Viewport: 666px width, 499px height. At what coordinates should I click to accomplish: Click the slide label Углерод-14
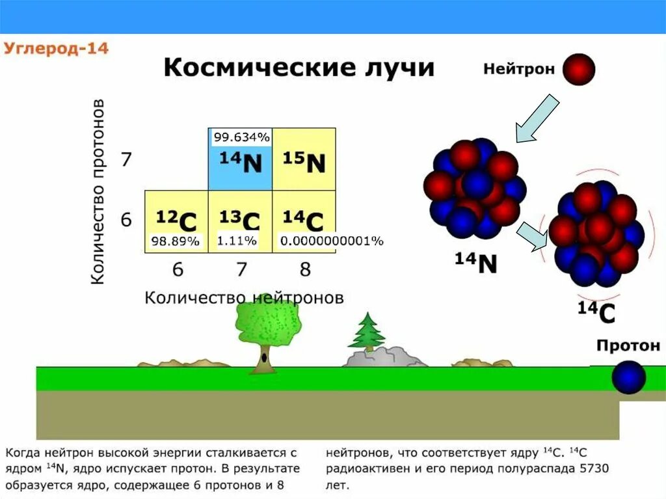(57, 49)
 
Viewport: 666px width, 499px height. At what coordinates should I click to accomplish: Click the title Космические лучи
(299, 68)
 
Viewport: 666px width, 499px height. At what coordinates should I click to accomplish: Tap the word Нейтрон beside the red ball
(518, 68)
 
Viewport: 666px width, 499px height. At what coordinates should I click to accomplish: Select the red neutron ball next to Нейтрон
(579, 70)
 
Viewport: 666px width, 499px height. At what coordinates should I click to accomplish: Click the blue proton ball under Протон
(628, 377)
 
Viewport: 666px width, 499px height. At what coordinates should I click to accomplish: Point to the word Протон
(628, 345)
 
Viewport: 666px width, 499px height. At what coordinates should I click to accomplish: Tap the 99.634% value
(241, 137)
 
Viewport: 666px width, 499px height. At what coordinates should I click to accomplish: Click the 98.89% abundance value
(176, 241)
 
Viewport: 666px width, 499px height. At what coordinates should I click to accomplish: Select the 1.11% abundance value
(237, 241)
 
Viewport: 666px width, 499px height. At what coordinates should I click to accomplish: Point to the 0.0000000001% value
(332, 241)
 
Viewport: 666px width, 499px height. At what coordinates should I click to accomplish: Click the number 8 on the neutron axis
(304, 269)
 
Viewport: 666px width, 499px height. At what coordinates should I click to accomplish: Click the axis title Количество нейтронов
(244, 297)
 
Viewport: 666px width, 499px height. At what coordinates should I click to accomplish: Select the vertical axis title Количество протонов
(97, 192)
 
